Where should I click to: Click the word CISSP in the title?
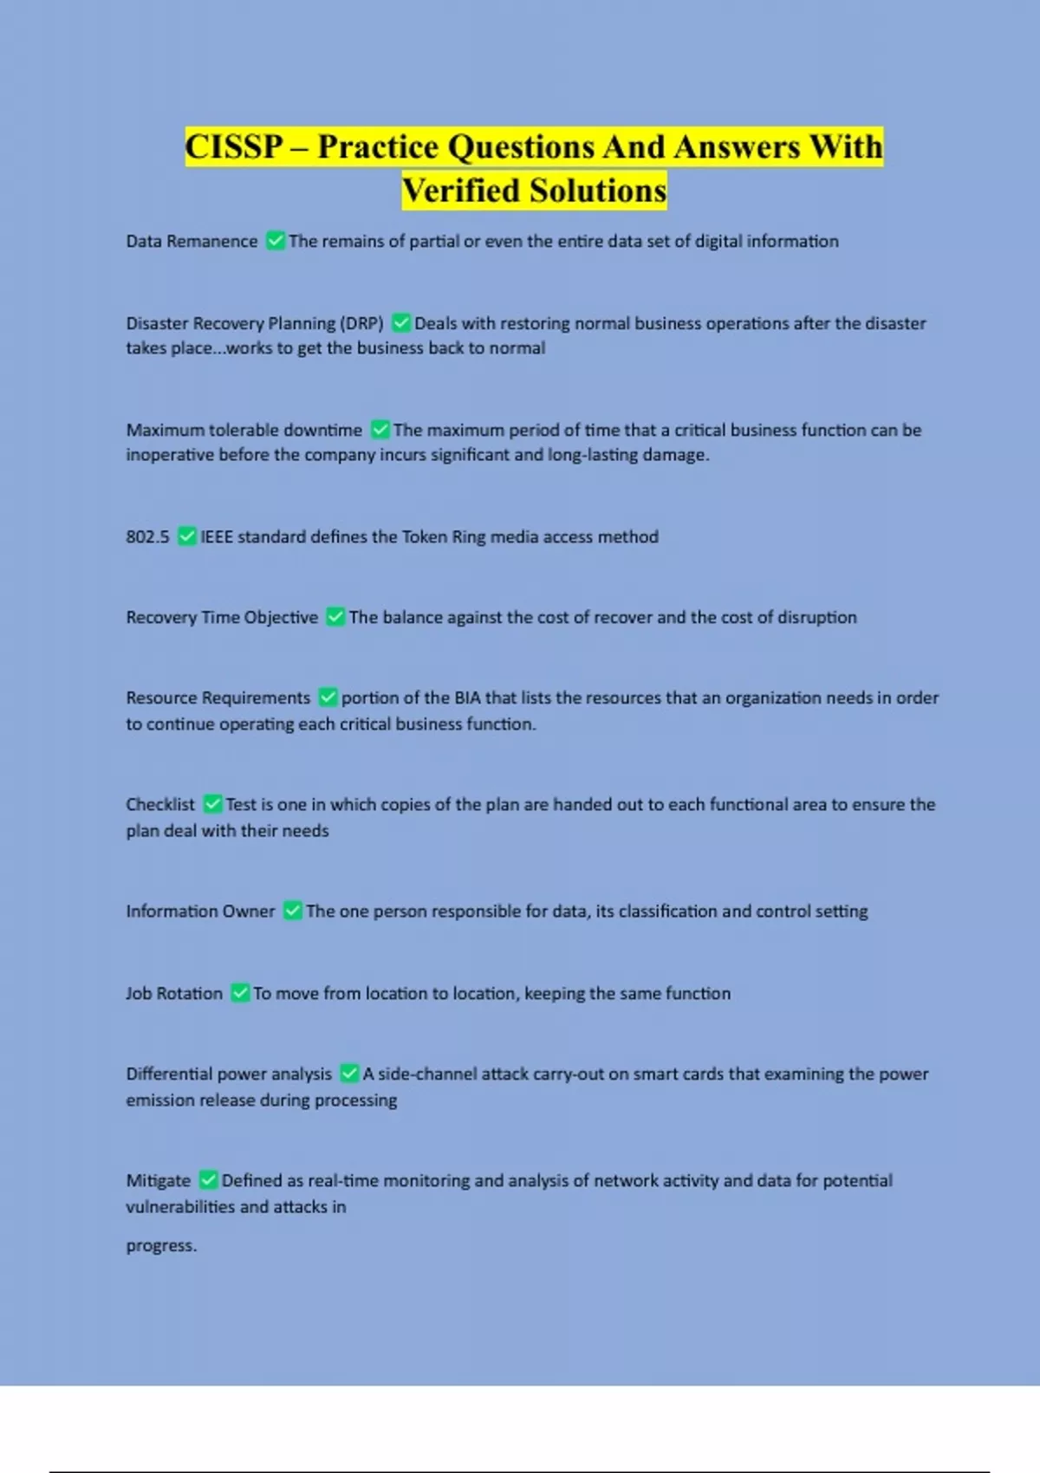[234, 146]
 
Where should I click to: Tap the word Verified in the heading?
[462, 191]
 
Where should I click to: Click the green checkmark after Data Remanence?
[276, 241]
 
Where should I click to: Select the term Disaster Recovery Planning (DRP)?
[255, 323]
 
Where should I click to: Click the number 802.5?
[147, 536]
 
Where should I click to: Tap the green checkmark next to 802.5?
[186, 536]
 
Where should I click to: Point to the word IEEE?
[217, 536]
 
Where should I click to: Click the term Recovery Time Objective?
[222, 617]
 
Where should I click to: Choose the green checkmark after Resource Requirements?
[328, 698]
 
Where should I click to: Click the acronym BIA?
[467, 698]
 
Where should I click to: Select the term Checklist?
[160, 804]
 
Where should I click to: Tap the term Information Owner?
[200, 911]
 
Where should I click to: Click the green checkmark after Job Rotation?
[240, 993]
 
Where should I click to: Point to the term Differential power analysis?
[229, 1074]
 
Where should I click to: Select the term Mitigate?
[158, 1180]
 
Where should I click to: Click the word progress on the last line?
[160, 1245]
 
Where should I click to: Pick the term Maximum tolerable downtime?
[244, 430]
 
